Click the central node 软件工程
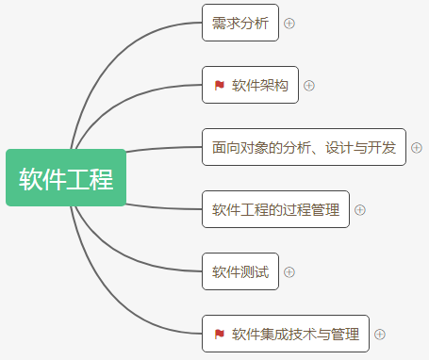point(66,177)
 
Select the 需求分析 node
point(240,24)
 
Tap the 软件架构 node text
point(260,86)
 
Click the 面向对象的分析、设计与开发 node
point(304,147)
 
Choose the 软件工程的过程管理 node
point(275,209)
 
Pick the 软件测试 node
point(240,271)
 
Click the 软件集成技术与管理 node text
point(295,334)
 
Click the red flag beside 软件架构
point(219,86)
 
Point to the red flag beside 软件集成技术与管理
point(219,334)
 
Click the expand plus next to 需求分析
point(289,24)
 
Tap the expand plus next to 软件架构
point(309,86)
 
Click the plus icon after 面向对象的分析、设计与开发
point(417,148)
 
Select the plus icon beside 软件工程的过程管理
point(360,209)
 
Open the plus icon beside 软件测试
point(289,271)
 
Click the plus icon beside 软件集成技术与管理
point(380,334)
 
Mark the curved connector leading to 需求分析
point(113,57)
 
